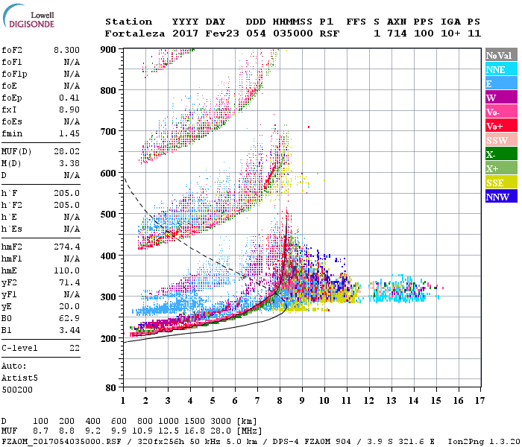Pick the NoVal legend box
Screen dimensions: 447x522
point(499,55)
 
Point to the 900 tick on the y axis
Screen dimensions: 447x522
point(110,49)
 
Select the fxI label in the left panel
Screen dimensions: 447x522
point(9,109)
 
